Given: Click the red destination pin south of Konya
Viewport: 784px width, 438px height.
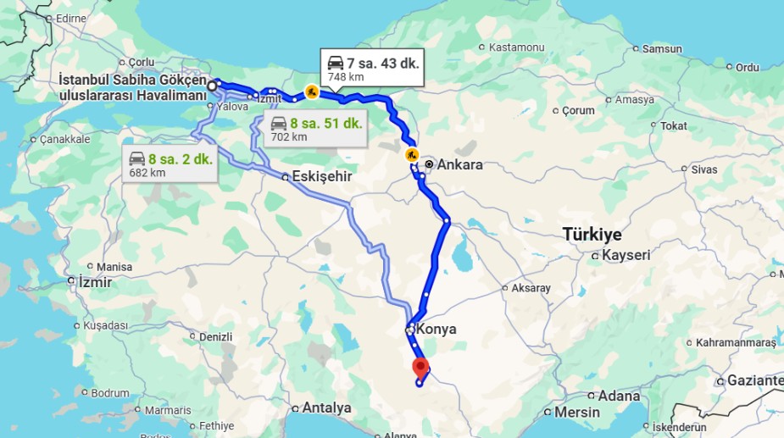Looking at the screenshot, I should pyautogui.click(x=420, y=368).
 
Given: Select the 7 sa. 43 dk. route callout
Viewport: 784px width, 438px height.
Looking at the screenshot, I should pyautogui.click(x=373, y=69).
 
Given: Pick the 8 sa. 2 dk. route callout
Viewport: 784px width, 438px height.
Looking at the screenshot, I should pyautogui.click(x=169, y=164).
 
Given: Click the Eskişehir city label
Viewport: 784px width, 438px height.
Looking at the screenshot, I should pyautogui.click(x=320, y=177).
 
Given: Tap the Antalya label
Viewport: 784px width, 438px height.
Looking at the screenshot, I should pyautogui.click(x=326, y=408).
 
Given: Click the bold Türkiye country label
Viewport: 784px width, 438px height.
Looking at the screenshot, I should pyautogui.click(x=592, y=235).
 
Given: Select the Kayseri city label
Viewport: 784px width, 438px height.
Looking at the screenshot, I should pyautogui.click(x=626, y=255).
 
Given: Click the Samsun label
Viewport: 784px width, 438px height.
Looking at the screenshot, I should pyautogui.click(x=662, y=49).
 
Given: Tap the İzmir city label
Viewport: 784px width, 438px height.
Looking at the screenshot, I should pyautogui.click(x=94, y=282).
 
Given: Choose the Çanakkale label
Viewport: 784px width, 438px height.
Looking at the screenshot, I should pyautogui.click(x=64, y=139).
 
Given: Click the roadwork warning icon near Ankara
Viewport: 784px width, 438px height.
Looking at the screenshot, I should pyautogui.click(x=412, y=154).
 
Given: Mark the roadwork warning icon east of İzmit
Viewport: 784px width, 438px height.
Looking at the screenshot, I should pyautogui.click(x=312, y=91).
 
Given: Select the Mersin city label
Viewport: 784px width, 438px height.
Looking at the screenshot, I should pyautogui.click(x=576, y=413).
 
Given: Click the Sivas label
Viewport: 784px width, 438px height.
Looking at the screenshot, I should pyautogui.click(x=703, y=169).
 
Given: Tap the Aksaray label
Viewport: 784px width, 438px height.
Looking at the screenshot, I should pyautogui.click(x=531, y=288).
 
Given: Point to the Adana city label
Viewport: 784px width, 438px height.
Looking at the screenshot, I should pyautogui.click(x=619, y=396).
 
